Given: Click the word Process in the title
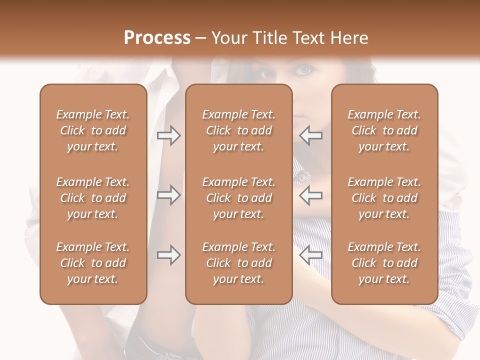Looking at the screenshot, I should [157, 38].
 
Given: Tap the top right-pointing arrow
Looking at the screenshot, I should [168, 136].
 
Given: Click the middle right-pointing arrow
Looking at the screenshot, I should [168, 195].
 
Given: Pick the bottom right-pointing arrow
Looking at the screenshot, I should [168, 255].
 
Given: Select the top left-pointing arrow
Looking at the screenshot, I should [310, 136].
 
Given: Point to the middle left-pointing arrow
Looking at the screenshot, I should [310, 195].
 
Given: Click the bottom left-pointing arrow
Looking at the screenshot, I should [310, 255].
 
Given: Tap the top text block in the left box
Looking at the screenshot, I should [93, 130].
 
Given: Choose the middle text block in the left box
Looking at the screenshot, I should [93, 198].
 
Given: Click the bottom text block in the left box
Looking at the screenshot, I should [93, 263].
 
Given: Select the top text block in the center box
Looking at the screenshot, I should [238, 130].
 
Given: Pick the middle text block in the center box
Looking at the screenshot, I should [238, 198].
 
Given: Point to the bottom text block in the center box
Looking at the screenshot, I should [238, 263].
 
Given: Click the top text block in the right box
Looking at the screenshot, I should [384, 130].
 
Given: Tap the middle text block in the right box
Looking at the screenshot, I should [384, 198].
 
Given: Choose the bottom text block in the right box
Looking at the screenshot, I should [384, 263].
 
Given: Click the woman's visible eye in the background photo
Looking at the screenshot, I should [303, 71].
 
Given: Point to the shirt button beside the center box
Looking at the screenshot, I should [301, 176].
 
